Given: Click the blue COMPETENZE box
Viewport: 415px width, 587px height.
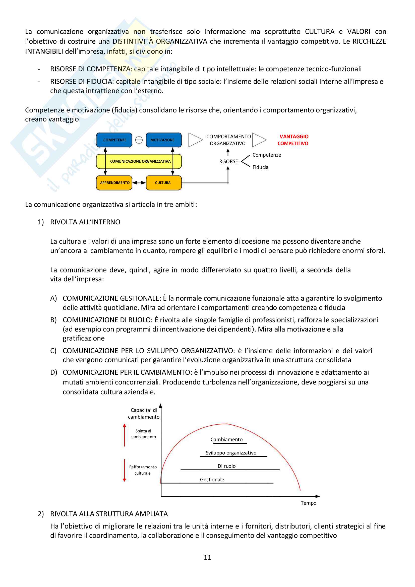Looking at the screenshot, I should [114, 140].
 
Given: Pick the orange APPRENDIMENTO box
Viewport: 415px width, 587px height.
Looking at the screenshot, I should [114, 183].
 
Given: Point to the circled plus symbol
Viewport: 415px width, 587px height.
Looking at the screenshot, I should [139, 140].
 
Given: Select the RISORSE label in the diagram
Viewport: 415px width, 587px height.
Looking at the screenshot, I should [228, 162].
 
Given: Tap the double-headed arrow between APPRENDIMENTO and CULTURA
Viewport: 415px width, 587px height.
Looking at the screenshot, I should [139, 183].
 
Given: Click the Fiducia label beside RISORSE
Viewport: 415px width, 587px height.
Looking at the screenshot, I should [260, 167].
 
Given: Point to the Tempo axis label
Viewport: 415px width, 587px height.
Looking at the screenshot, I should [308, 503].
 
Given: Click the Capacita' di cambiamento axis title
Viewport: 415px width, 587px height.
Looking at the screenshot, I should [144, 413].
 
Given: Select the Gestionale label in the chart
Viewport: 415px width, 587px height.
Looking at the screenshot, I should [212, 480].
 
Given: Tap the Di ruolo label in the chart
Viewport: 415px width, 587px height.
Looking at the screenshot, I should [226, 466].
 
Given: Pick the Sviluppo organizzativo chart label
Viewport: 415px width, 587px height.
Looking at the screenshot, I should [231, 453].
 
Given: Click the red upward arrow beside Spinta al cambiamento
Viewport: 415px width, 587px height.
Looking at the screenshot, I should [125, 435].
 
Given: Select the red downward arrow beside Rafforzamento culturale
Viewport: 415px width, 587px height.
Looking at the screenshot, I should [125, 470].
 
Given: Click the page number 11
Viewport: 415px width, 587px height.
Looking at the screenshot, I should [207, 557].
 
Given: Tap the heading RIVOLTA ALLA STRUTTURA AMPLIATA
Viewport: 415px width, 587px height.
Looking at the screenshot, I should [109, 514].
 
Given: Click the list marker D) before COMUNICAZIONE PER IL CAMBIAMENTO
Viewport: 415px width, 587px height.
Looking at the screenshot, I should [53, 372].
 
